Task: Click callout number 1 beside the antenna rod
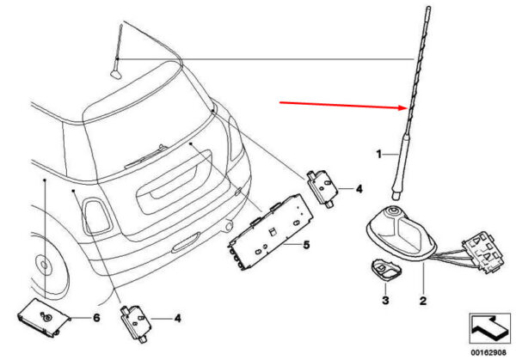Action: point(379,154)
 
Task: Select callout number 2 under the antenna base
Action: point(423,300)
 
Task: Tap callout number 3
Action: point(385,300)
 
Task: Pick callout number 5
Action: point(306,245)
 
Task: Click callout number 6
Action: point(96,318)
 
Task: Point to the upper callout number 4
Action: point(359,189)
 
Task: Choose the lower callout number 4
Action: point(177,318)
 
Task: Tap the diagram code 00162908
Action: point(488,353)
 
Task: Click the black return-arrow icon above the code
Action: point(489,329)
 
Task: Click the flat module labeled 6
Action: point(43,317)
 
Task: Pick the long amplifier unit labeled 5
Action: point(270,232)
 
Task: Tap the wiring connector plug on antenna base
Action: point(482,251)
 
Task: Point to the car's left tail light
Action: point(95,216)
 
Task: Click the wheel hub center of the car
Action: point(43,264)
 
